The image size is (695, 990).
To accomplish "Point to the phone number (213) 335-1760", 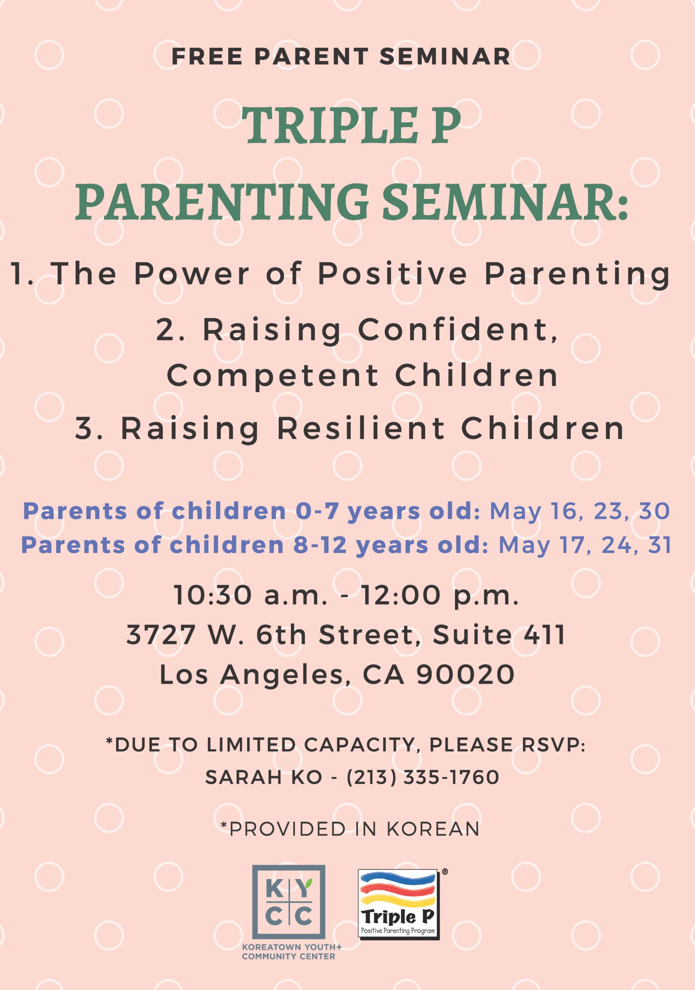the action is pos(423,777).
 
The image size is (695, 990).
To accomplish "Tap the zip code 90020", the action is pos(465,674).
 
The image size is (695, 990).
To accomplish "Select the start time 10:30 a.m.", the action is pos(251,596).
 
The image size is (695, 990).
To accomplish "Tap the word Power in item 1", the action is pos(192,274).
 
